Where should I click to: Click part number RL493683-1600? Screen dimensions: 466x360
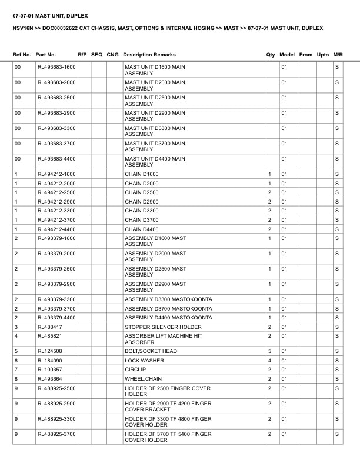pyautogui.click(x=56, y=67)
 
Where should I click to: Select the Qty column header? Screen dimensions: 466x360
pyautogui.click(x=271, y=55)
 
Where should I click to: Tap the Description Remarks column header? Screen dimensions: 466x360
pyautogui.click(x=149, y=55)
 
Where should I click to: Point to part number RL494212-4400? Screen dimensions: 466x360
pyautogui.click(x=56, y=229)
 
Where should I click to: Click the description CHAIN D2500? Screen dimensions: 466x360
pyautogui.click(x=141, y=192)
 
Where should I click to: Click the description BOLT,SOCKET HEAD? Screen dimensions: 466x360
pyautogui.click(x=151, y=351)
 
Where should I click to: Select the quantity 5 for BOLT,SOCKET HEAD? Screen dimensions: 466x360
pyautogui.click(x=269, y=351)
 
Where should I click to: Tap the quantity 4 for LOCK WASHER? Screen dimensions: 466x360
pyautogui.click(x=269, y=361)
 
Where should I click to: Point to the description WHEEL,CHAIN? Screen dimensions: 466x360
pyautogui.click(x=143, y=379)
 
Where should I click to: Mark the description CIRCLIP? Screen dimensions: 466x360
pyautogui.click(x=135, y=370)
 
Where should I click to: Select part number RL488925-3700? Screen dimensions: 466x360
pyautogui.click(x=56, y=434)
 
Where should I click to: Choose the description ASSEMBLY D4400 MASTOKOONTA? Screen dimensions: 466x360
pyautogui.click(x=168, y=318)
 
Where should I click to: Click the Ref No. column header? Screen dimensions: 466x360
pyautogui.click(x=22, y=55)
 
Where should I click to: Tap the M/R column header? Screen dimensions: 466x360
pyautogui.click(x=338, y=55)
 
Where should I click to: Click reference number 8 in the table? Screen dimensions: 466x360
pyautogui.click(x=16, y=379)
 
